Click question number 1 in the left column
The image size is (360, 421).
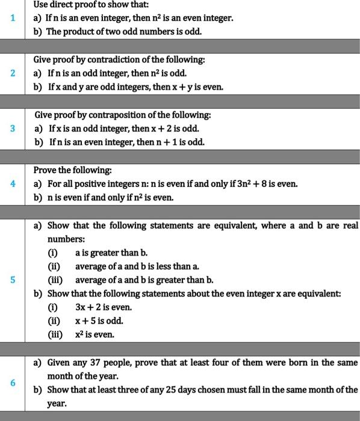coord(12,17)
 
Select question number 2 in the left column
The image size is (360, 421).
coord(12,73)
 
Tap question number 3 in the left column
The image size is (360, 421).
coord(12,128)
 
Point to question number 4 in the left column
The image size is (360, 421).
coord(12,183)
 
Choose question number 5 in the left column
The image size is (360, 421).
coord(12,280)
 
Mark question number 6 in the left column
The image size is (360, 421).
coord(12,383)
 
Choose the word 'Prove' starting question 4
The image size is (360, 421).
coord(45,170)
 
